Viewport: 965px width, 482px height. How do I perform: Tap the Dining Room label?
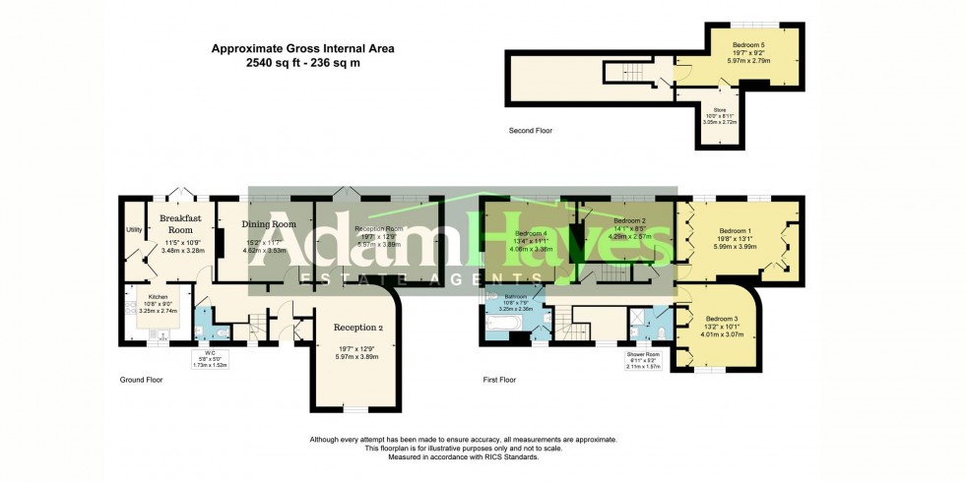click(269, 224)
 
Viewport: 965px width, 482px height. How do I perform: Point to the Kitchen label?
click(159, 295)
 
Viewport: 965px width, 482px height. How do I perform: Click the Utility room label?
click(134, 229)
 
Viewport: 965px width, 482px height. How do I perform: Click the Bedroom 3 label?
click(722, 319)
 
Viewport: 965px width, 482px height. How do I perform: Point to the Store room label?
click(720, 110)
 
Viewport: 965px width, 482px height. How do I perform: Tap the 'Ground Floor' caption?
click(142, 379)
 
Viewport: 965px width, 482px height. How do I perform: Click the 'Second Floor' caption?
click(531, 130)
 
